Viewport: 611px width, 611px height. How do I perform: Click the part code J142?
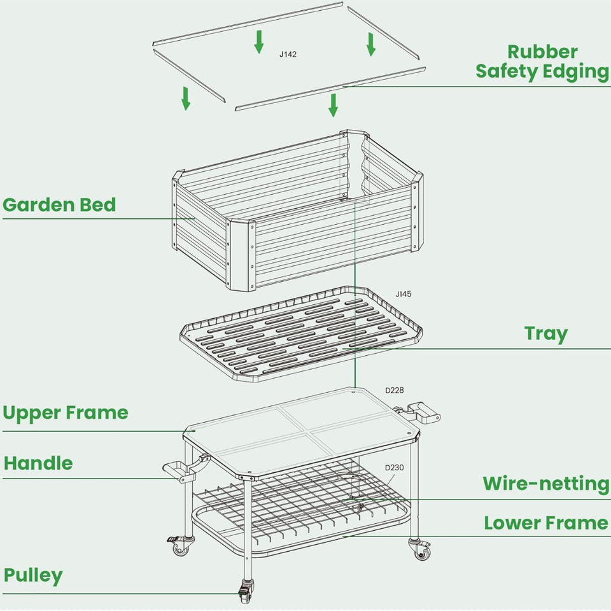pyautogui.click(x=288, y=55)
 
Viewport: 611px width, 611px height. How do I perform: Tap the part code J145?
pyautogui.click(x=403, y=294)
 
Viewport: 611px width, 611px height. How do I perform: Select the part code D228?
pyautogui.click(x=395, y=390)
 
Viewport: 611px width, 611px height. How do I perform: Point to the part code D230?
pyautogui.click(x=394, y=468)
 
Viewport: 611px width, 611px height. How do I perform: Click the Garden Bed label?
pyautogui.click(x=59, y=205)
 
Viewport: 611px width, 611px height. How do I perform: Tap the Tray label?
pyautogui.click(x=545, y=334)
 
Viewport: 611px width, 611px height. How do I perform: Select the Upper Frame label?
pyautogui.click(x=66, y=412)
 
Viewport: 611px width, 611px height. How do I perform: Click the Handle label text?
pyautogui.click(x=38, y=463)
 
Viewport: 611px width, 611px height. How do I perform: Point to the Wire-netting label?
pyautogui.click(x=545, y=484)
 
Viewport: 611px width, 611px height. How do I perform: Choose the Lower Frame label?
pyautogui.click(x=545, y=523)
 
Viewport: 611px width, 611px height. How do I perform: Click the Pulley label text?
pyautogui.click(x=33, y=575)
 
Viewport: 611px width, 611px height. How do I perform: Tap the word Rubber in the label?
pyautogui.click(x=542, y=52)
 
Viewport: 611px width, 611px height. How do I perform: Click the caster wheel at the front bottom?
pyautogui.click(x=245, y=594)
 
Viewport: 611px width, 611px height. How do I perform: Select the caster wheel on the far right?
pyautogui.click(x=422, y=551)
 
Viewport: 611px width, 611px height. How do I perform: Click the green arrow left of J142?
pyautogui.click(x=258, y=41)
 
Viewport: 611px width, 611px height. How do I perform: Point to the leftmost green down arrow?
pyautogui.click(x=186, y=98)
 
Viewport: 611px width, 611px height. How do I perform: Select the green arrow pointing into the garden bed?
pyautogui.click(x=333, y=105)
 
